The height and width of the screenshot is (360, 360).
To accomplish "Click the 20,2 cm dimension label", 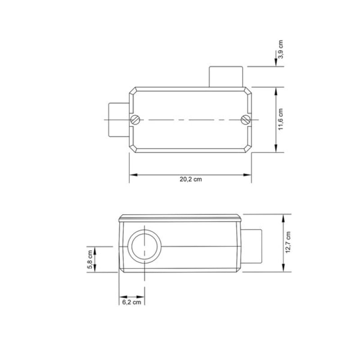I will coord(190,179).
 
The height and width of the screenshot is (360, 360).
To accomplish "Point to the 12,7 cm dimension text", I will coord(288,243).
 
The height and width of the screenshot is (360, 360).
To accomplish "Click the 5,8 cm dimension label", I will coord(90,259).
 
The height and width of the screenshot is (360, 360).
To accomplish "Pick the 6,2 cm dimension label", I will coord(132,302).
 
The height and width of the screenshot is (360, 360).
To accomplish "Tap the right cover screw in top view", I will coord(245,119).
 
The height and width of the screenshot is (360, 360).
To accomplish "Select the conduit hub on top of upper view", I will coord(226,76).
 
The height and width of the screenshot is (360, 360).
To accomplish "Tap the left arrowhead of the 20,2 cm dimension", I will coord(132,174).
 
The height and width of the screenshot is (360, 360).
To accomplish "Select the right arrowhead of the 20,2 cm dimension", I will coord(249,174).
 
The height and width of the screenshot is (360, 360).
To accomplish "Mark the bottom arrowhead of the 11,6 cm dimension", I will coord(275,150).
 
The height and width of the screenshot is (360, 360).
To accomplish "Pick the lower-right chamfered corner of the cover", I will coord(248,149).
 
